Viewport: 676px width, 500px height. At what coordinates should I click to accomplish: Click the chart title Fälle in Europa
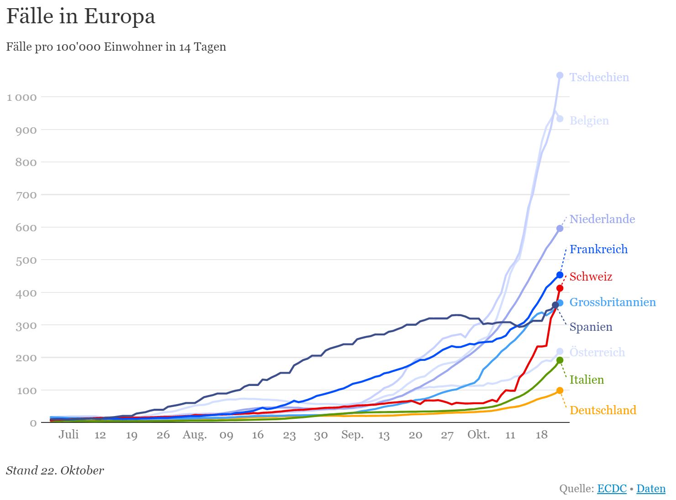point(81,17)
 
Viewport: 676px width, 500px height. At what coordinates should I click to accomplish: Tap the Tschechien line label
point(599,77)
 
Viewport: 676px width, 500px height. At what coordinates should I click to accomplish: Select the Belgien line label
point(589,120)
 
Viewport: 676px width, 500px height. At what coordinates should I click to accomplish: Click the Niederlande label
point(602,219)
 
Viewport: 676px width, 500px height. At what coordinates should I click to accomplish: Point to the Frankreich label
point(598,249)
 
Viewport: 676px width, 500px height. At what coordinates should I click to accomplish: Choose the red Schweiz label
point(591,276)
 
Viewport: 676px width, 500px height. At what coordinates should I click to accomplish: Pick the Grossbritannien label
point(612,302)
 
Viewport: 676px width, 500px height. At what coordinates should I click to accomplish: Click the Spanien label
point(591,327)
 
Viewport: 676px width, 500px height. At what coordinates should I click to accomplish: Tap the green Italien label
point(587,380)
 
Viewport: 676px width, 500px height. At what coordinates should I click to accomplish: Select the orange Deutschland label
point(603,410)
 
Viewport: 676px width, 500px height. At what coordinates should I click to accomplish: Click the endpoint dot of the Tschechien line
point(560,75)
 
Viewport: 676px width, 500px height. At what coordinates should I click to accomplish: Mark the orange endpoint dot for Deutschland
point(560,391)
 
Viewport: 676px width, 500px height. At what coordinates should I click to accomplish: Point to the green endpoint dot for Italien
point(560,360)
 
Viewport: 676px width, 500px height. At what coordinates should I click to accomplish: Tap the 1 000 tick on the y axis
point(21,97)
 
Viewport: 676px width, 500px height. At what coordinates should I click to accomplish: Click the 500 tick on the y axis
point(26,260)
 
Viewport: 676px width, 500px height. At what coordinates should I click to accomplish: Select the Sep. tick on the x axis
point(352,434)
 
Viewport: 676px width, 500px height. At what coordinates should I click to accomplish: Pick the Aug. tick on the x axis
point(194,434)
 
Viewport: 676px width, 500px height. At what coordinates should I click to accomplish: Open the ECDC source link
point(612,489)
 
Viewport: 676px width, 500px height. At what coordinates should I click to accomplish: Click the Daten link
point(651,489)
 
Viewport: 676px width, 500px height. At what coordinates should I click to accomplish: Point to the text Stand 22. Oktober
point(55,470)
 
